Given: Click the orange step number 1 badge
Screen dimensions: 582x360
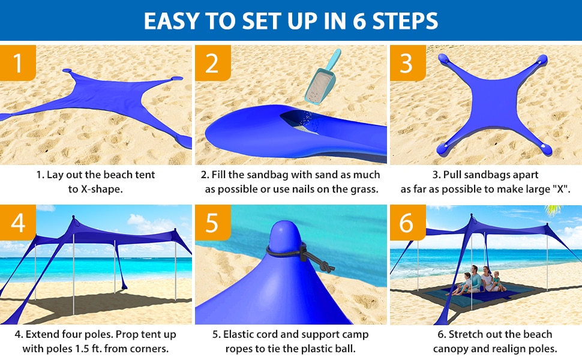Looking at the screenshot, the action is [18, 63].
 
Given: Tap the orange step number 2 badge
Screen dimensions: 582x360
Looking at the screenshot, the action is [212, 63].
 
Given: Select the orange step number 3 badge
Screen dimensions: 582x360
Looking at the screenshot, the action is [407, 63].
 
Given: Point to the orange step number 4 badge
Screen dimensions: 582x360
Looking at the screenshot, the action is [18, 223].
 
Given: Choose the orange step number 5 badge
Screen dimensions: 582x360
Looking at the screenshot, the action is [212, 223].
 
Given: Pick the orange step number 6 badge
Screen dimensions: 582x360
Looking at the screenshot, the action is [407, 223].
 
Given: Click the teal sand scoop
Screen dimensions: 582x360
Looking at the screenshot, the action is [322, 78].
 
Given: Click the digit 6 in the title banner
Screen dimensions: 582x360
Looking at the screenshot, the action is [359, 21].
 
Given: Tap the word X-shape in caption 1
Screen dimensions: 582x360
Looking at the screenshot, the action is [101, 189].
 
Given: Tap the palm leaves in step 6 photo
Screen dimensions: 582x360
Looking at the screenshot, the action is [553, 209].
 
